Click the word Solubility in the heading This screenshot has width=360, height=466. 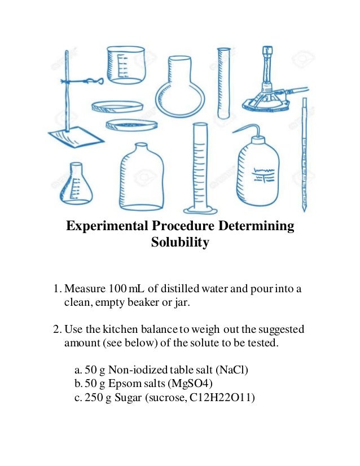tap(180, 243)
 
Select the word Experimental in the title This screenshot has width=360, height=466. tap(107, 227)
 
